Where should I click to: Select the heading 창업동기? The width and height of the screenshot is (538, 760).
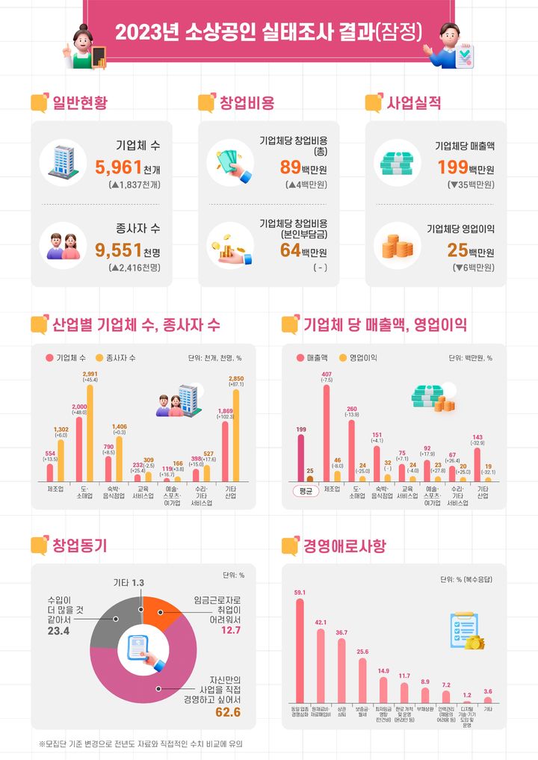tap(79, 546)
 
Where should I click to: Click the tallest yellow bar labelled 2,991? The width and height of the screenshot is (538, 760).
tap(90, 433)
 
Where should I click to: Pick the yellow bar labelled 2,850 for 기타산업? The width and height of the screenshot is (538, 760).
tap(237, 436)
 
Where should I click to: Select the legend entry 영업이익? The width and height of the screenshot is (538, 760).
tap(362, 358)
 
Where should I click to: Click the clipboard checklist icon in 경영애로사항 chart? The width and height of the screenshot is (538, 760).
tap(464, 631)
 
